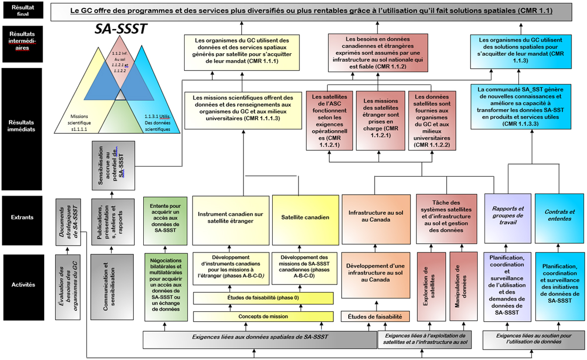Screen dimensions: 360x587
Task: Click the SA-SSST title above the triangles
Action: pos(121,29)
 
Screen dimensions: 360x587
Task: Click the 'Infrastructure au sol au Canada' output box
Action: pos(375,217)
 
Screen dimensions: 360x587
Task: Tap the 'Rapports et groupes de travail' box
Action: pos(507,215)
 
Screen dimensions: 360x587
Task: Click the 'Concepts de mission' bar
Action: pos(263,316)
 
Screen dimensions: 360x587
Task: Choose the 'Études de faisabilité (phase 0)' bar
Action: pos(263,298)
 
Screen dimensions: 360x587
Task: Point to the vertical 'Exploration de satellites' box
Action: pos(431,287)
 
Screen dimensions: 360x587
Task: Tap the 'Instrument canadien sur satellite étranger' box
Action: pos(231,217)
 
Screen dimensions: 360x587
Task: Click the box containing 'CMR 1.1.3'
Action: pos(520,50)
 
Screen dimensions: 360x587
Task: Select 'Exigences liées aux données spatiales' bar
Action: pos(260,337)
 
